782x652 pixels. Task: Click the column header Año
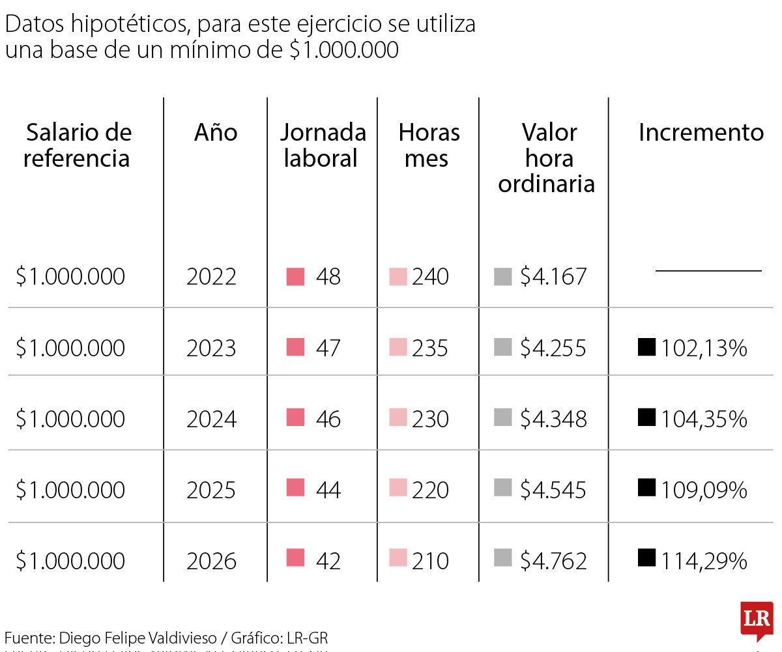(x=216, y=133)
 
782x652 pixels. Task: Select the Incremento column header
(x=701, y=133)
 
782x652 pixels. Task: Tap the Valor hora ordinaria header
(x=547, y=158)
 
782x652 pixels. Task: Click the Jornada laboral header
(x=323, y=145)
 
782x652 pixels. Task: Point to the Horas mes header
(x=429, y=145)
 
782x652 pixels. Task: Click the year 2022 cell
(x=211, y=277)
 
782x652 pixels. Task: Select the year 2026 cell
(x=211, y=561)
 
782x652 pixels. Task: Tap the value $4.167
(x=553, y=277)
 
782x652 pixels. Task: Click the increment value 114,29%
(x=704, y=561)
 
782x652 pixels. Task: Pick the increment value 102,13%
(x=704, y=348)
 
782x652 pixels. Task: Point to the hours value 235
(x=429, y=348)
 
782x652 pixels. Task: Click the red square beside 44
(x=295, y=488)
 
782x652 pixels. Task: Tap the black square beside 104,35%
(x=646, y=417)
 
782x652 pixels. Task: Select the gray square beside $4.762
(x=502, y=558)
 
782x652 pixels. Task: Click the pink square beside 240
(x=398, y=276)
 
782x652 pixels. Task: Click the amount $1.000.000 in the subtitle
(x=343, y=50)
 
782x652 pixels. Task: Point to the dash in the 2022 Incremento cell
(x=708, y=270)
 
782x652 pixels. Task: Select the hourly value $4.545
(x=553, y=490)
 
